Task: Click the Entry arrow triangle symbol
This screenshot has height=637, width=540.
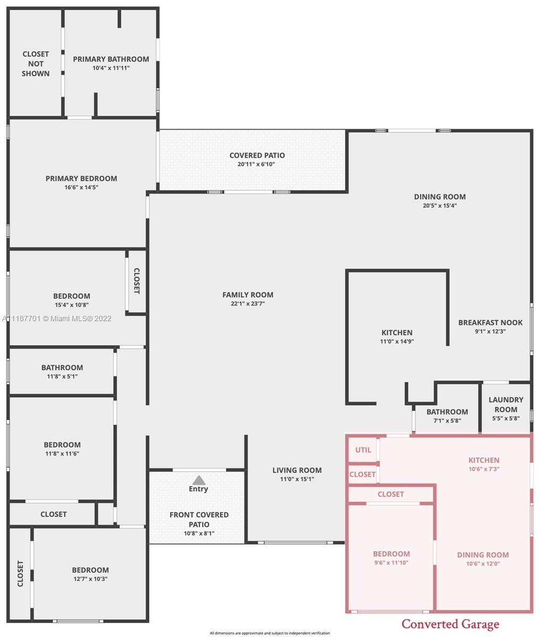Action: click(x=199, y=480)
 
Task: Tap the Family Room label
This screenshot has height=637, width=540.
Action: click(x=248, y=295)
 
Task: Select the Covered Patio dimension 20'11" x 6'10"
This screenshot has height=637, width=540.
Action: click(x=256, y=164)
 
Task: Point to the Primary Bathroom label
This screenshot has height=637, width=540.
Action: click(x=111, y=59)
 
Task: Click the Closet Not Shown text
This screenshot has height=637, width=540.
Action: click(x=36, y=64)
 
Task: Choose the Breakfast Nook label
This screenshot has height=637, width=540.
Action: click(x=491, y=322)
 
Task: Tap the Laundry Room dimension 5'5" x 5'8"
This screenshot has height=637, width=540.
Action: click(x=506, y=418)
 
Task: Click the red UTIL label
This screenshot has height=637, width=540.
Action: click(x=363, y=450)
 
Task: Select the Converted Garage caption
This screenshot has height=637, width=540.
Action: click(x=450, y=624)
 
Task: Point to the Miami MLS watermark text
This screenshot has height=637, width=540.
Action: click(x=57, y=318)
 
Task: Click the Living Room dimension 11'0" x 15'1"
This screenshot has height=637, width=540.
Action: click(x=297, y=479)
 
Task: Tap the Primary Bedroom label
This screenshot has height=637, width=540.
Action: click(x=81, y=178)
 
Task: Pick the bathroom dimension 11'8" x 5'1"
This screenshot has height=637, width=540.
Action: click(x=62, y=376)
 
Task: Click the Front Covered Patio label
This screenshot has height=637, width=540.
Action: click(x=199, y=520)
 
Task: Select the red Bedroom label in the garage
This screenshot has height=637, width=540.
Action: click(x=391, y=554)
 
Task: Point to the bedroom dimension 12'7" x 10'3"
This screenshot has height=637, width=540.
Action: click(x=90, y=579)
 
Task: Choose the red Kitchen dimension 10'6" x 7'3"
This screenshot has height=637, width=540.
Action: click(x=484, y=469)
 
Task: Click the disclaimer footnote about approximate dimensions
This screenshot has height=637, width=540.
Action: click(x=270, y=633)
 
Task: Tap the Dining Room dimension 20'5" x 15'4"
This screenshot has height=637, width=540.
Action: click(x=440, y=205)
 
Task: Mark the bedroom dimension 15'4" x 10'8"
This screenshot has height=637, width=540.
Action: click(x=72, y=305)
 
